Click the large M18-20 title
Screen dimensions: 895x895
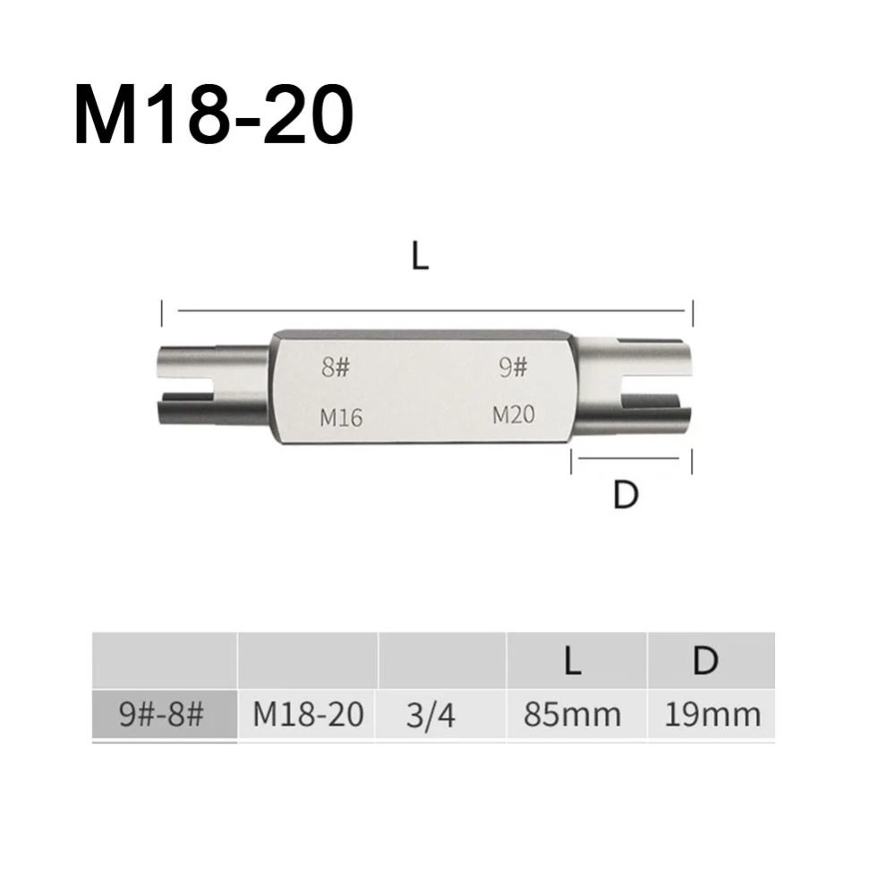[214, 115]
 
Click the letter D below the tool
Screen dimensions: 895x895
[625, 496]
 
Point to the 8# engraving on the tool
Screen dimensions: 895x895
[335, 368]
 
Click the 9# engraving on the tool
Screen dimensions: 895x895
[513, 368]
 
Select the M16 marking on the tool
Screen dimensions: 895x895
[341, 417]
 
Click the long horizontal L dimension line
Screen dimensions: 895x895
[431, 311]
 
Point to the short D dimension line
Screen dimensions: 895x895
[628, 457]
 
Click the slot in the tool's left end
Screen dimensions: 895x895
[186, 385]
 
